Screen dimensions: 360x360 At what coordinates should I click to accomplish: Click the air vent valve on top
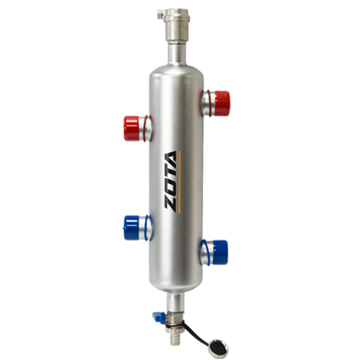[176, 25]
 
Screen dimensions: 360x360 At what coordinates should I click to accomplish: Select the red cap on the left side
[132, 128]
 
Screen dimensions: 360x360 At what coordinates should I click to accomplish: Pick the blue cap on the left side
[132, 228]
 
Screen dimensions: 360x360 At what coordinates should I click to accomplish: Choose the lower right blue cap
[220, 252]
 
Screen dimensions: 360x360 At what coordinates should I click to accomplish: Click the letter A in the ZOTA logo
[170, 159]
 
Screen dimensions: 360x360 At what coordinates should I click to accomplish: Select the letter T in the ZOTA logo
[170, 174]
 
